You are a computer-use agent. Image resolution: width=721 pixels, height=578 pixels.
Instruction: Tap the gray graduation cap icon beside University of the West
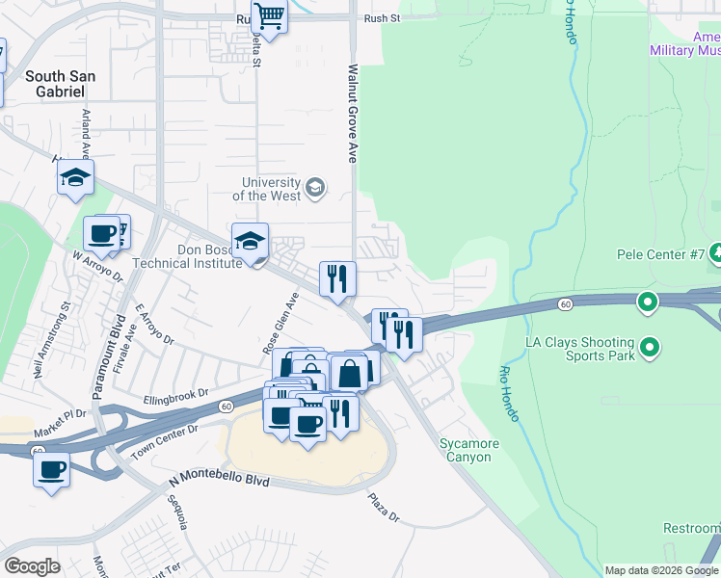coord(314,187)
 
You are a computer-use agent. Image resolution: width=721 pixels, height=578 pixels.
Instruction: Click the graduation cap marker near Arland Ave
coord(75,178)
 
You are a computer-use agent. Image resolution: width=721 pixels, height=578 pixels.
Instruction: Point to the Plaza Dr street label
coord(383,509)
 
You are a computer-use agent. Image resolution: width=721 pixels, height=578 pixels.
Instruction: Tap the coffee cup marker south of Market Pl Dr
coord(51,471)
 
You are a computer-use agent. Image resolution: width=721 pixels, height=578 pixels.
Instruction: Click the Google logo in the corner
coord(32,565)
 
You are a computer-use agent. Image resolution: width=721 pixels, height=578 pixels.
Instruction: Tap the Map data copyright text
coord(661,570)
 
